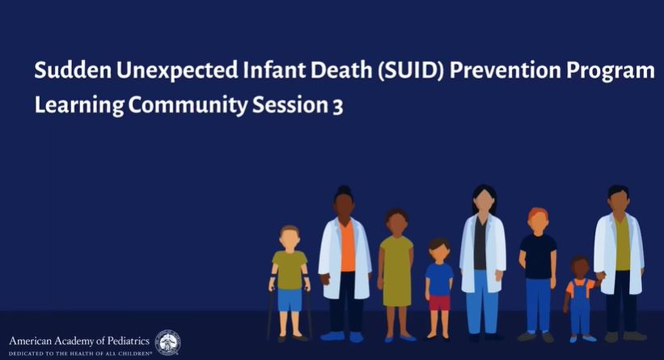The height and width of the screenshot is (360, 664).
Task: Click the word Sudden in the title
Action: pos(73,70)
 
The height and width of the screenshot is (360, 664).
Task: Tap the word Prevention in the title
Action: pos(505,70)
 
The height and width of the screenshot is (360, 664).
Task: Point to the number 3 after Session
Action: pos(337,107)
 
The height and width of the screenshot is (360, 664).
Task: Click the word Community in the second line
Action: pos(188,105)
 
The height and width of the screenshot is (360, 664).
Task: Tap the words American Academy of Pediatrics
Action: pos(79,341)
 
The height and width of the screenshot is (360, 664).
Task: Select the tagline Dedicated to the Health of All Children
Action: pos(80,353)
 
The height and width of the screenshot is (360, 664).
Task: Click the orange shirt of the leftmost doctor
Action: pos(347,247)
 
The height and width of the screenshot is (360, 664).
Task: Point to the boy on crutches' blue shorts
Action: pos(290,300)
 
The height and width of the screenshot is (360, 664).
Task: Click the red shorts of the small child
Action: pos(439,303)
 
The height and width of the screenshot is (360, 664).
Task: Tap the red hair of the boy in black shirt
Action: pos(538,214)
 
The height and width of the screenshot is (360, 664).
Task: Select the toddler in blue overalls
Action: pos(581,299)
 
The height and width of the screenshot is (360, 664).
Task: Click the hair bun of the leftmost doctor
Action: pos(344,190)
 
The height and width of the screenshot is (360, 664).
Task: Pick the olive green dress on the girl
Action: pos(396,271)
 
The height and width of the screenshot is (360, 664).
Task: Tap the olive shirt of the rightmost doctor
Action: pos(622,244)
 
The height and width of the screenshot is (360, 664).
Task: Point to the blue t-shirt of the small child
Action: pos(439,280)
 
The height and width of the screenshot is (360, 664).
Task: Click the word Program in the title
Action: pos(611,71)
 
